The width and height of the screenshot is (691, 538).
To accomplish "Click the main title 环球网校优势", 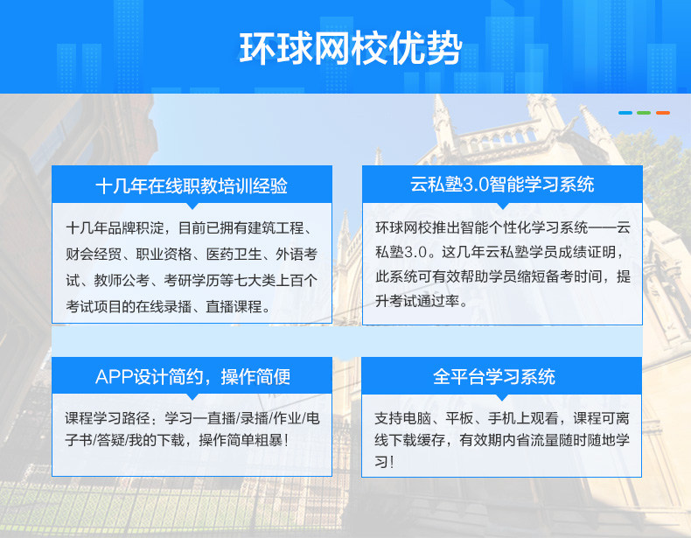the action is [351, 48].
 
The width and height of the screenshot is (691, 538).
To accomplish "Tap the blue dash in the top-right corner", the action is [625, 113].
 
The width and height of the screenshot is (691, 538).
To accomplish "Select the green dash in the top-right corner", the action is [644, 113].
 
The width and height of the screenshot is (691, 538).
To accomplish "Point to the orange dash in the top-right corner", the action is [663, 113].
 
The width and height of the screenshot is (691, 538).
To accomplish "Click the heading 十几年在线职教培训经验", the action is [192, 186].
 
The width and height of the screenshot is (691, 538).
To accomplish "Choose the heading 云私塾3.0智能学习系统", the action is [502, 185].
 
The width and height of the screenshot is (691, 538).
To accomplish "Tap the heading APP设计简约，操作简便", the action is [192, 377].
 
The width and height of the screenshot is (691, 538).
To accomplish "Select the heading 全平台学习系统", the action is [494, 377].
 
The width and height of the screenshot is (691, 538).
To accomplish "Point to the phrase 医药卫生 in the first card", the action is [234, 255].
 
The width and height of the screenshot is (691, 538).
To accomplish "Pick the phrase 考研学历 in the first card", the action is [192, 280].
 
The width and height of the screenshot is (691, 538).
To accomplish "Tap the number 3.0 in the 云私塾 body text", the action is [415, 252].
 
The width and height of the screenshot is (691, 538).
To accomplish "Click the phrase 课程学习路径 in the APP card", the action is [107, 417].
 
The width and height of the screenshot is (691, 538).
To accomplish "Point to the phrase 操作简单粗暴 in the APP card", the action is [241, 440].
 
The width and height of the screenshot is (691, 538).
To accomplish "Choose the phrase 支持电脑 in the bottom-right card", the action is [402, 417].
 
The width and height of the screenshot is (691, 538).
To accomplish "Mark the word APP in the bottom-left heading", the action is [114, 377].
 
